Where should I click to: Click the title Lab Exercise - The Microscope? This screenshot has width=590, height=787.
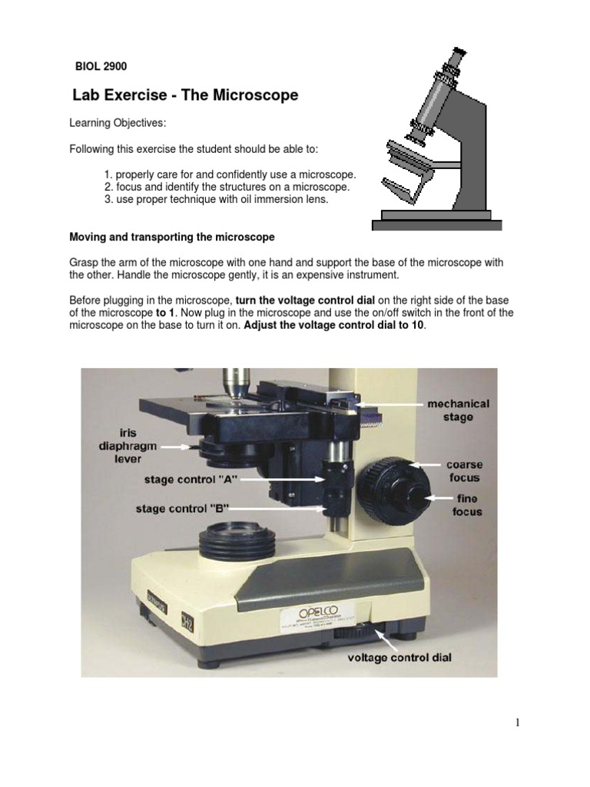tap(184, 96)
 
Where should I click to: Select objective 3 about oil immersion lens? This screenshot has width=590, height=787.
tap(221, 199)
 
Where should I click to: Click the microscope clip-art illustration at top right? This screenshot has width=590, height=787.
tap(435, 138)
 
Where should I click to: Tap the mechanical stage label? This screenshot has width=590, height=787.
tap(458, 410)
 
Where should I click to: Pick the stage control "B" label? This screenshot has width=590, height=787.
tap(183, 508)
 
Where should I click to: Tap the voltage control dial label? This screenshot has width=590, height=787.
tap(399, 658)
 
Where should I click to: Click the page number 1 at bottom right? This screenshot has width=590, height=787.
tap(518, 722)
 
